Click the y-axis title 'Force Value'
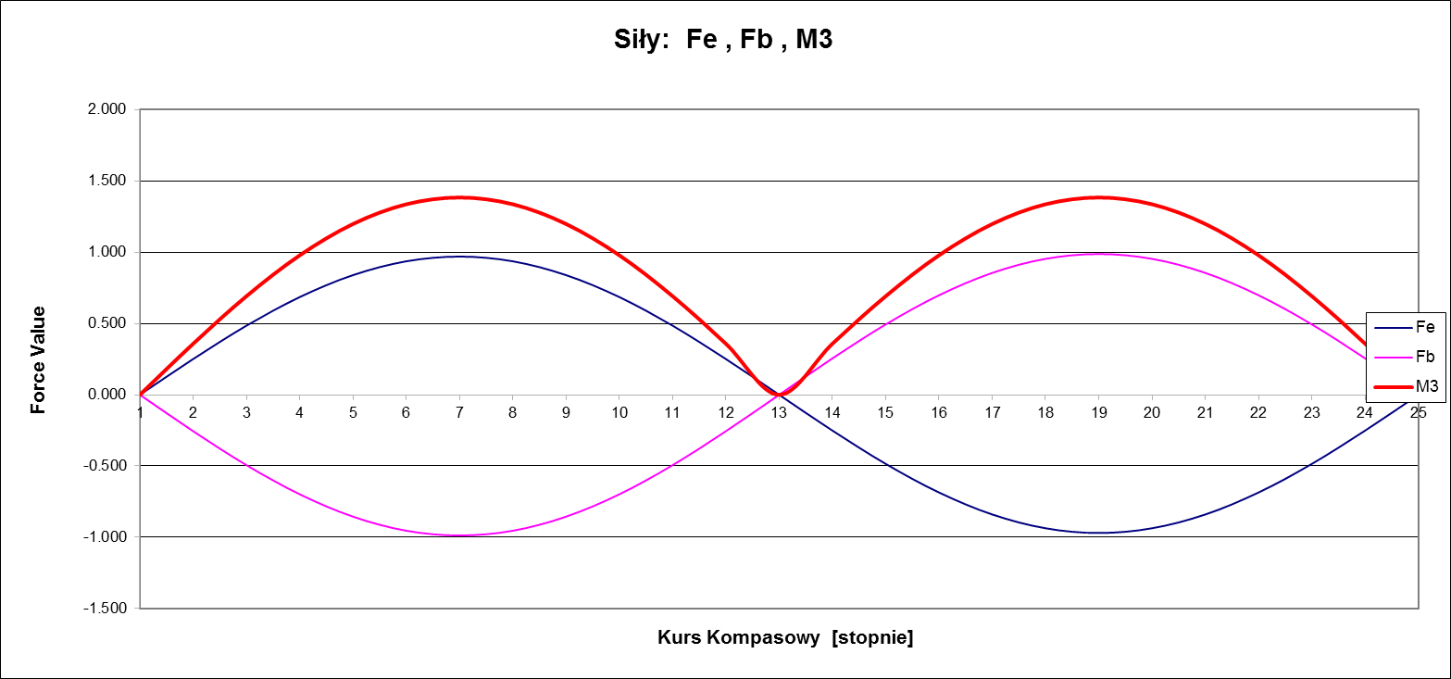point(39,359)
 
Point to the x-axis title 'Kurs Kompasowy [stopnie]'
point(785,637)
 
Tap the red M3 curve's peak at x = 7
point(459,197)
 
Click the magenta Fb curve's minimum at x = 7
point(459,535)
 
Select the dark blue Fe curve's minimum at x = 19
point(1098,533)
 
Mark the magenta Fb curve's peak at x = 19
point(1098,254)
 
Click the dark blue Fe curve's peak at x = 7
point(459,257)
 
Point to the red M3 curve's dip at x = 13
point(780,395)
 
